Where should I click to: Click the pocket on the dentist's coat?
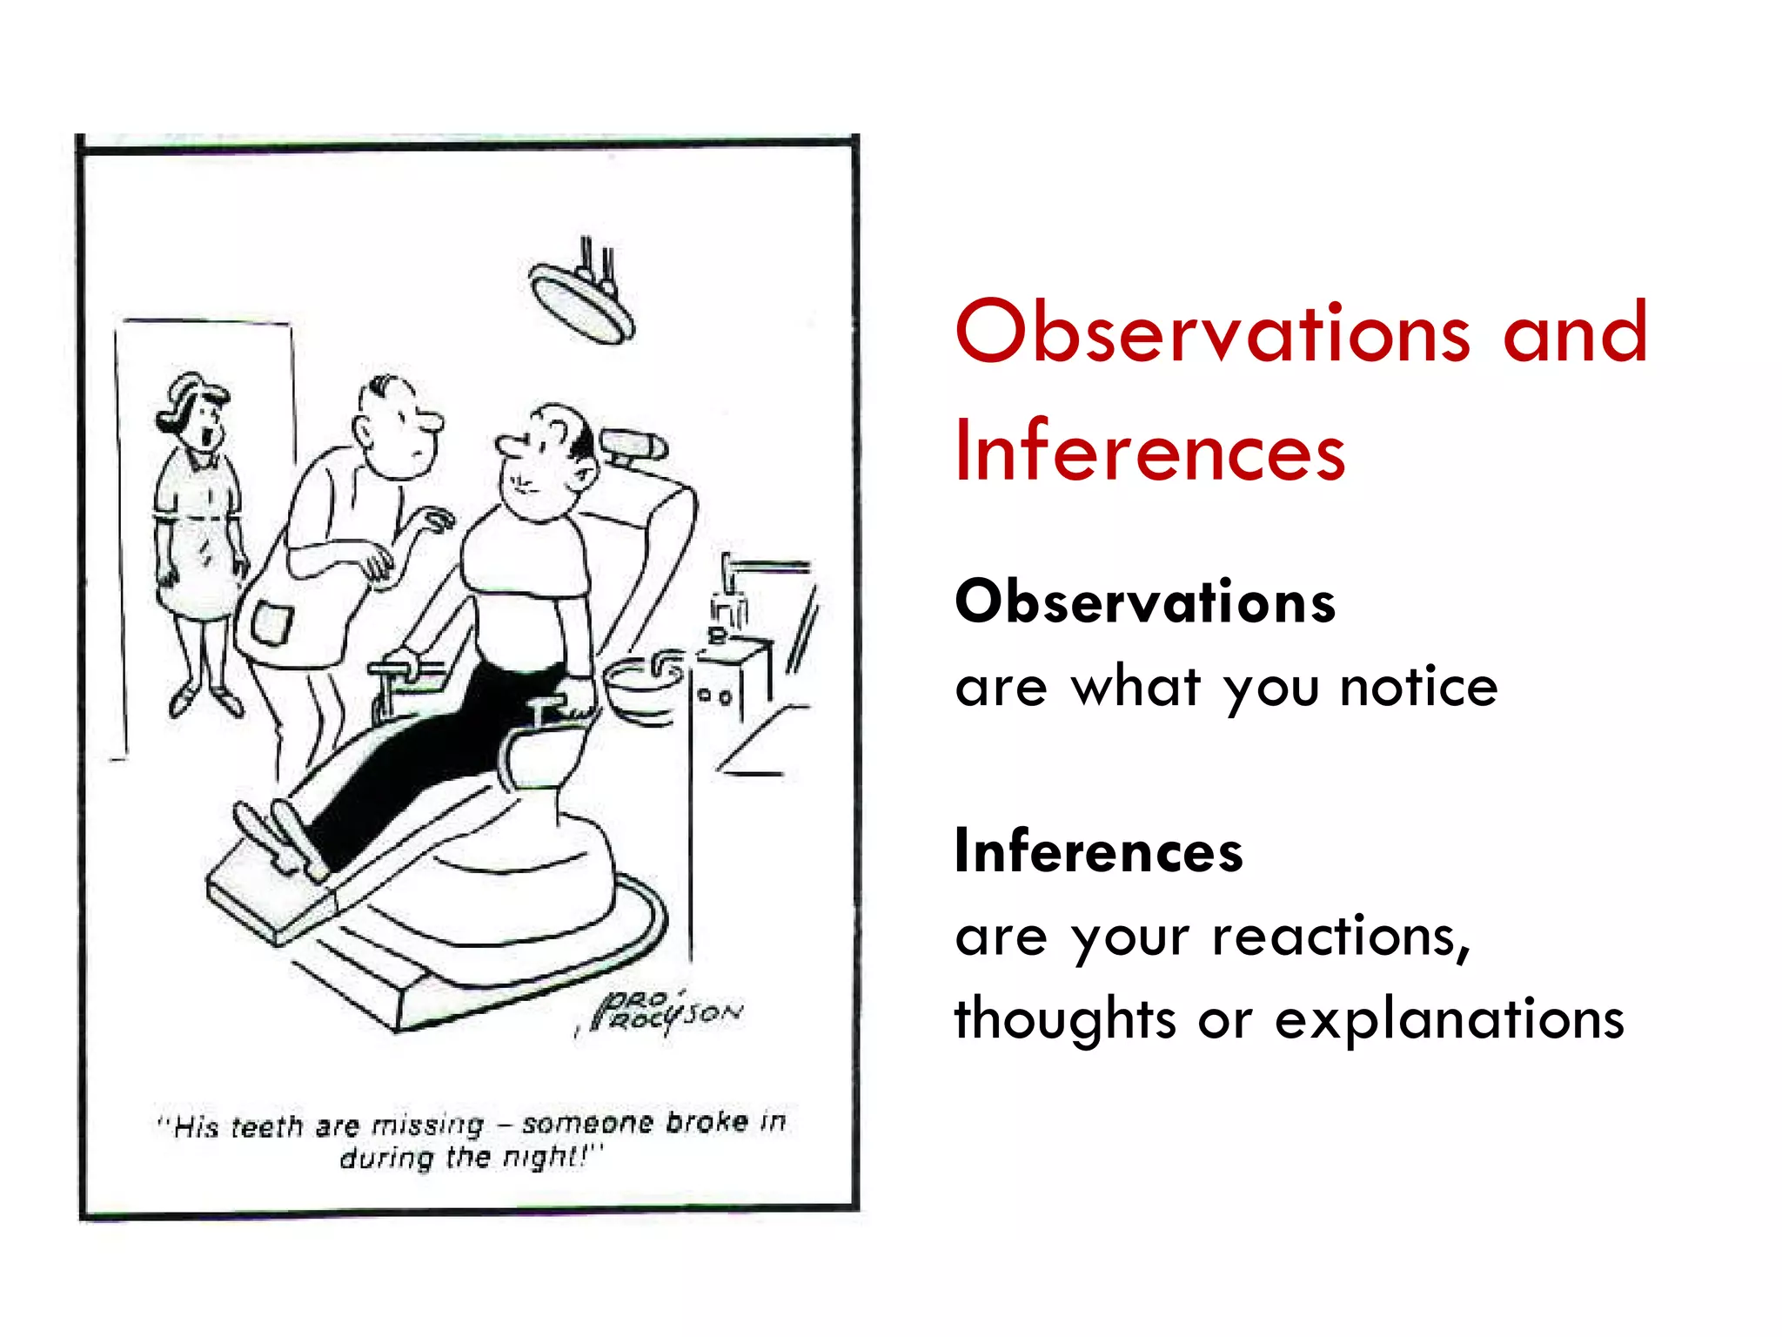[x=271, y=622]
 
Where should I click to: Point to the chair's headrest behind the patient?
[x=634, y=446]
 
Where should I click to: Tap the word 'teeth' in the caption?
[x=268, y=1127]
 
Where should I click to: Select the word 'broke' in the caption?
[x=707, y=1122]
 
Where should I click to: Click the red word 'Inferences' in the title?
[x=1149, y=451]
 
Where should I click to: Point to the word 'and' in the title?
[x=1574, y=333]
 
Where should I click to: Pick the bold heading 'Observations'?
[x=1144, y=601]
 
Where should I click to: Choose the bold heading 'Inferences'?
[x=1098, y=850]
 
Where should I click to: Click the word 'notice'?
[x=1418, y=687]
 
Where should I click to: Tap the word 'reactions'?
[x=1340, y=937]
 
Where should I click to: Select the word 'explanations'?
[x=1449, y=1019]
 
